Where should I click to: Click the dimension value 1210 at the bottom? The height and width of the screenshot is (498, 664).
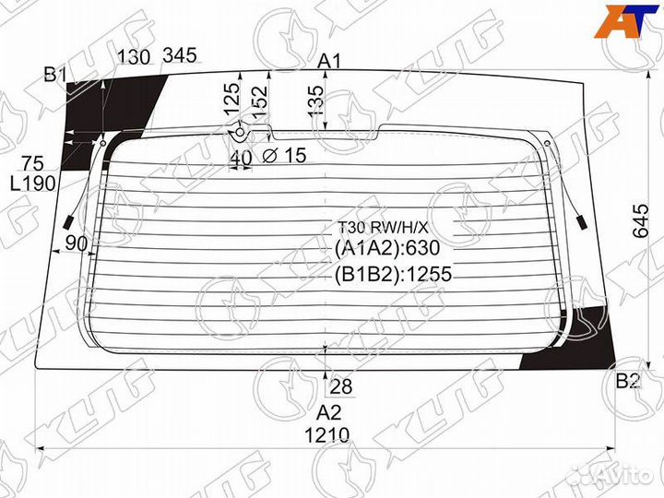click(326, 435)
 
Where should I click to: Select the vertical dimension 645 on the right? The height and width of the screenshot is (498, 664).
click(640, 221)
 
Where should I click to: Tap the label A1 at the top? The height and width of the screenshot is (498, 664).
click(329, 62)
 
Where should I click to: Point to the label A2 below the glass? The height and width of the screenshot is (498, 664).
click(329, 412)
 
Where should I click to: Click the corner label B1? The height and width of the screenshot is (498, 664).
click(55, 75)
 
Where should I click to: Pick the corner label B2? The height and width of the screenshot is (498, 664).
click(628, 381)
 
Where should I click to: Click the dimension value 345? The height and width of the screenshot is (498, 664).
click(180, 55)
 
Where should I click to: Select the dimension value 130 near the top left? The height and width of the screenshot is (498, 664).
click(134, 57)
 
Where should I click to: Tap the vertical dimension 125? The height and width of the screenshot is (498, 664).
click(231, 99)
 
